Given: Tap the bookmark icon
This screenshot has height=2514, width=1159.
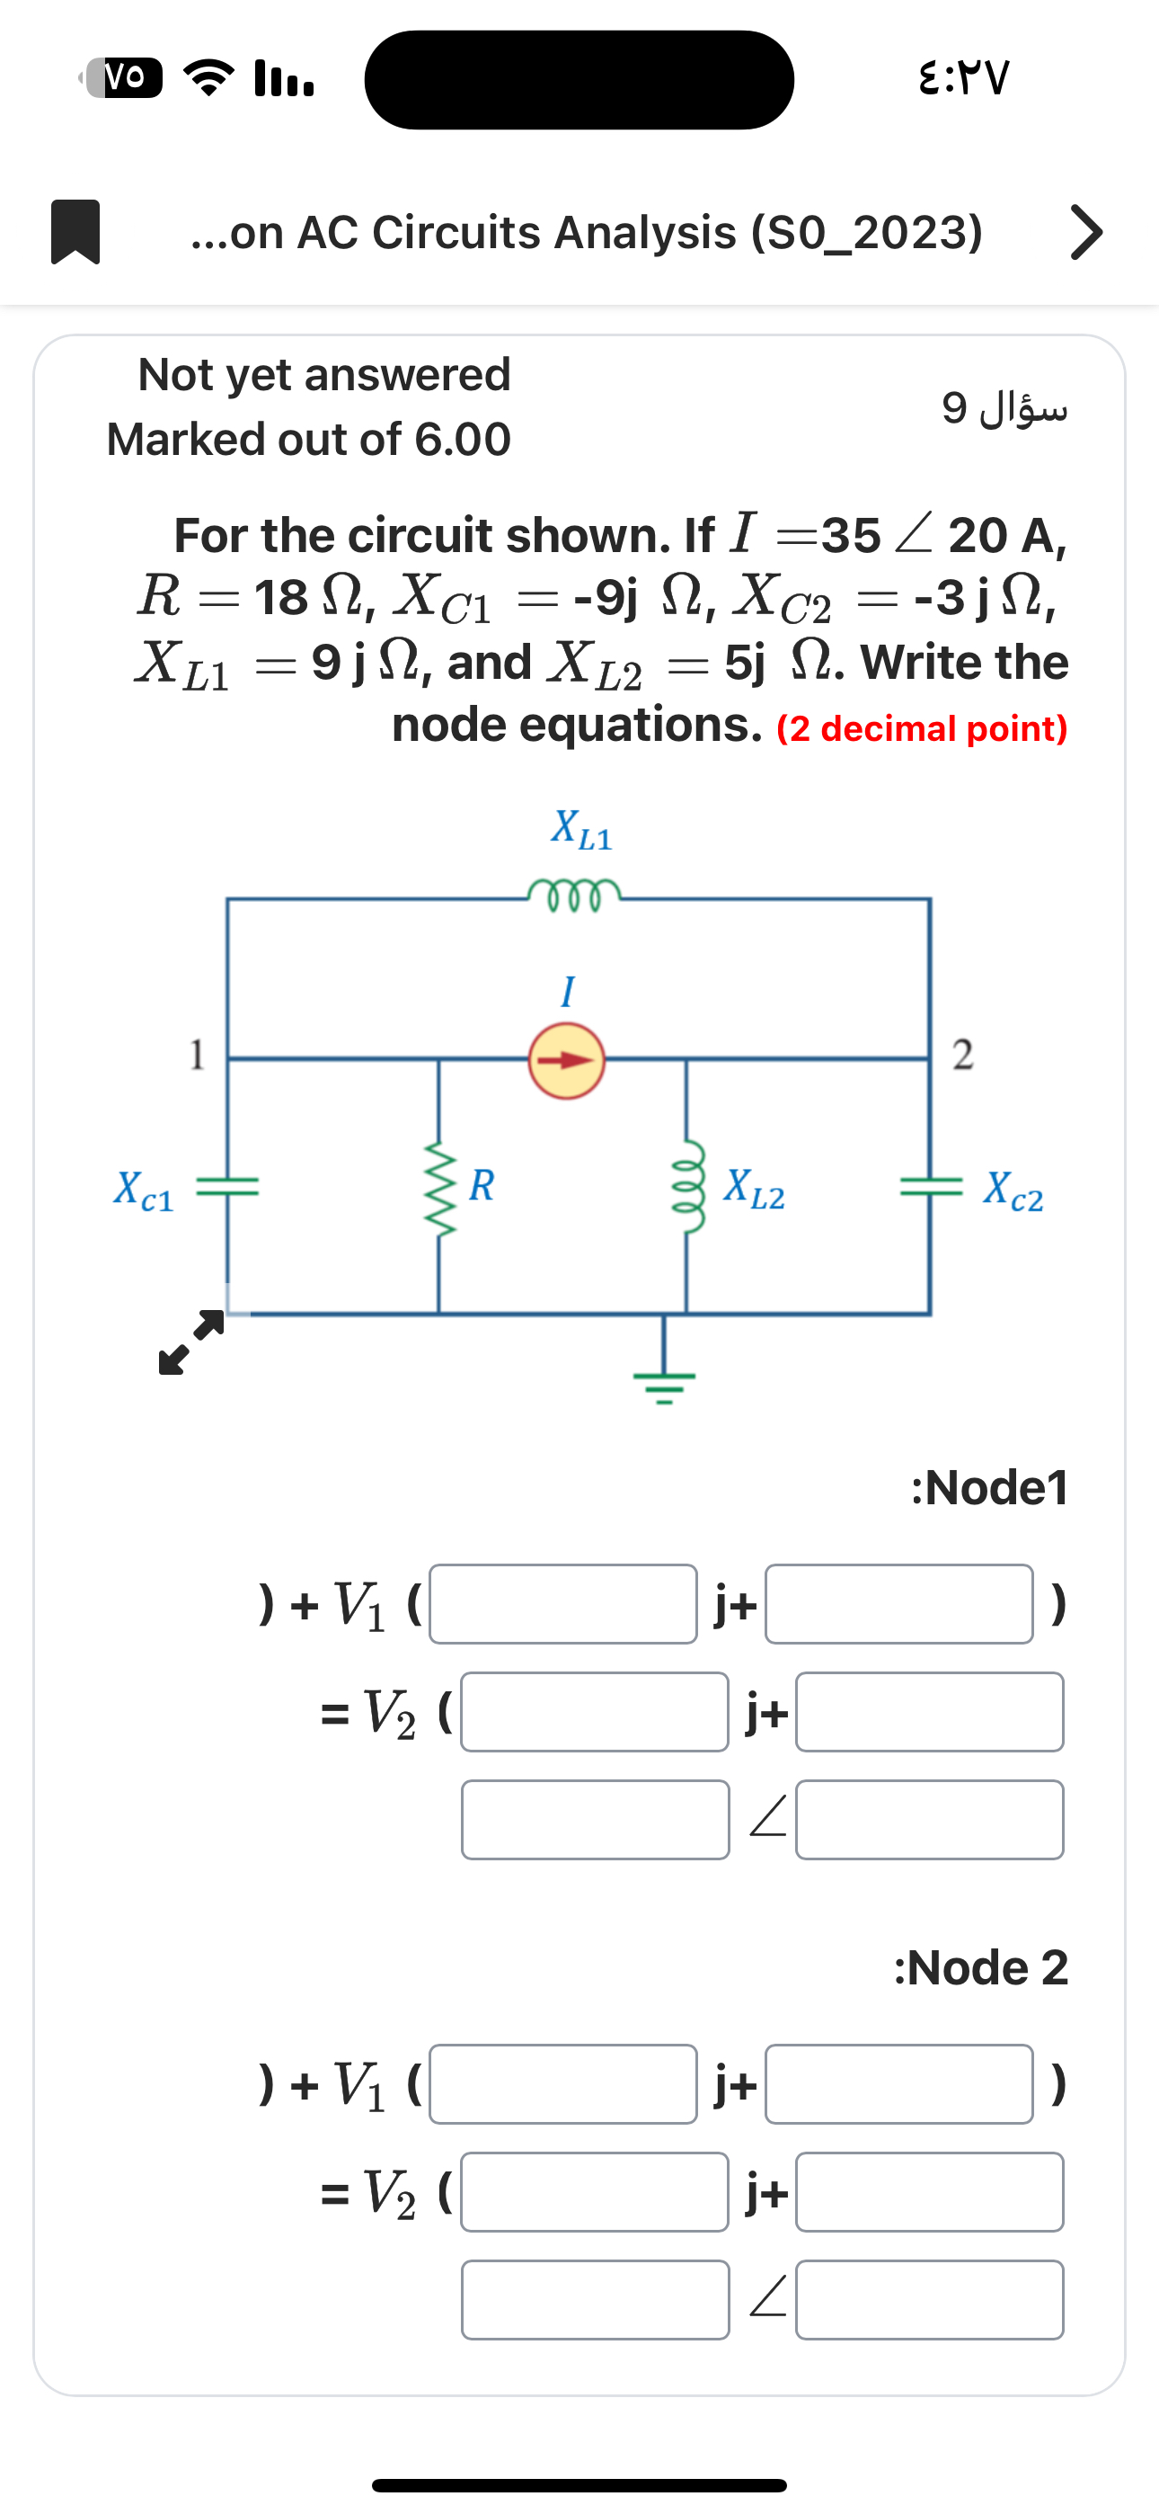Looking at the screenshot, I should tap(75, 231).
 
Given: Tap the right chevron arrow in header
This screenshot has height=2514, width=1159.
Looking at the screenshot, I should tap(1086, 232).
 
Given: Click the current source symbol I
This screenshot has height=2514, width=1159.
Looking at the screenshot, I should tap(567, 1061).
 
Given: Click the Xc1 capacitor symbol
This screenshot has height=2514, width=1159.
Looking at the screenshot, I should tap(227, 1187).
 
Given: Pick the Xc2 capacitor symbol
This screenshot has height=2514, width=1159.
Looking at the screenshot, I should tap(930, 1187).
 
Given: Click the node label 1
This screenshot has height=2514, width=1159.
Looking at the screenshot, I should tap(197, 1055).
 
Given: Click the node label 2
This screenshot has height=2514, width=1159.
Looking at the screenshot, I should tap(962, 1055).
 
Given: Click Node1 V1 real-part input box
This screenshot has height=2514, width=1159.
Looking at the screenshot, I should tap(563, 1604).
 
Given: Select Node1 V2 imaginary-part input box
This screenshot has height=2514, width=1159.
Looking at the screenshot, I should tap(929, 1712).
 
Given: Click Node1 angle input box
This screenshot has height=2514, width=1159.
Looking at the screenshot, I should tap(929, 1819).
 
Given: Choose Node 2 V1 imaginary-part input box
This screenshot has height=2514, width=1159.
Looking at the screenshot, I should tap(898, 2084).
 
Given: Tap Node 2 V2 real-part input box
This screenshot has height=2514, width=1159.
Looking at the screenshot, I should tap(594, 2192).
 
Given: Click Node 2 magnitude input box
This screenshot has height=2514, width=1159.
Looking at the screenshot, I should tap(594, 2299).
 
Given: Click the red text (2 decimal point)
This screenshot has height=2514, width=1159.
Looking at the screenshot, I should tap(922, 729).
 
